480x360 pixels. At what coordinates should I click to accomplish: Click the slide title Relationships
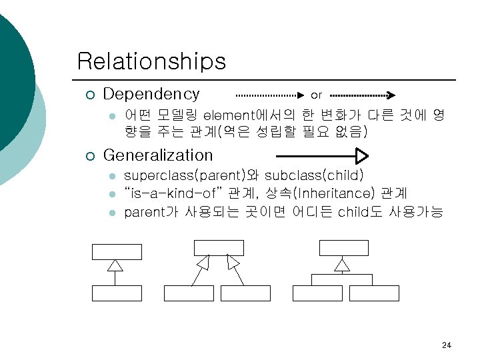pos(151,61)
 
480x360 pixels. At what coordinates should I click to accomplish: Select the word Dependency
pos(151,94)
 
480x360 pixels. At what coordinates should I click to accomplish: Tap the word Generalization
pos(158,155)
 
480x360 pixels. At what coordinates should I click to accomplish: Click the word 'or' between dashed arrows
pos(317,95)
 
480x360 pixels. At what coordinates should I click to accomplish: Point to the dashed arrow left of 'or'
pos(269,95)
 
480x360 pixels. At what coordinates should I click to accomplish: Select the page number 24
pos(447,345)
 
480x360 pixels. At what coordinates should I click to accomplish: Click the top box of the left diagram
pos(117,251)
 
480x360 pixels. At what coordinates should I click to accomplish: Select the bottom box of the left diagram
pos(117,293)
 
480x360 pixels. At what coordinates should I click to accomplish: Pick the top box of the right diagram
pos(343,247)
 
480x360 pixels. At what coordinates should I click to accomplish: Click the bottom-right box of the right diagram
pos(373,293)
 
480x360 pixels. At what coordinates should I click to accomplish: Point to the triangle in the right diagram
pos(342,265)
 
